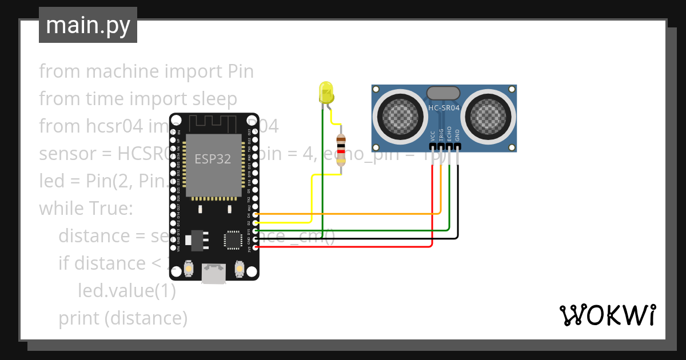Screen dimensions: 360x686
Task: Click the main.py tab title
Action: [87, 25]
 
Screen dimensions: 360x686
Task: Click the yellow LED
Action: [326, 93]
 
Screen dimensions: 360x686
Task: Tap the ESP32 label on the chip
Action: [213, 159]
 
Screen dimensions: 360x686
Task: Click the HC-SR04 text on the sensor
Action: [444, 107]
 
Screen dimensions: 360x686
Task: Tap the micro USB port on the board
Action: [213, 273]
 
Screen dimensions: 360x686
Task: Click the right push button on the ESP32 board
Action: [240, 268]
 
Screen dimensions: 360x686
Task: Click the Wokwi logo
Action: [607, 315]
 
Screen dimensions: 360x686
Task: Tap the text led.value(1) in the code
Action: [126, 290]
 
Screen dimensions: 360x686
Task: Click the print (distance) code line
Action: [123, 318]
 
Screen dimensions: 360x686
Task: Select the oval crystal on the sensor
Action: [443, 92]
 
